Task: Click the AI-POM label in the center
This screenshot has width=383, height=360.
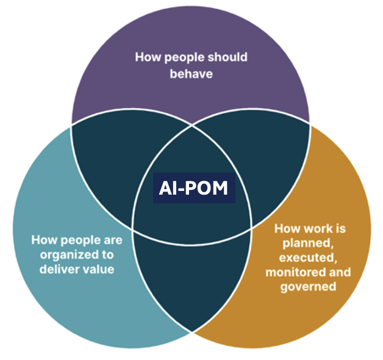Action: [x=193, y=189]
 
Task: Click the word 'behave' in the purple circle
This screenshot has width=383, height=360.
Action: [x=191, y=73]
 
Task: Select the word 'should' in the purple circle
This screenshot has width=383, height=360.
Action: [x=226, y=57]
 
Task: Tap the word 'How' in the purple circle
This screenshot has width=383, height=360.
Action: [x=146, y=57]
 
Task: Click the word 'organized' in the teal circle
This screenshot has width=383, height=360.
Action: [x=65, y=254]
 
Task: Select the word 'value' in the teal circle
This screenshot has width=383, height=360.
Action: [x=97, y=268]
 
